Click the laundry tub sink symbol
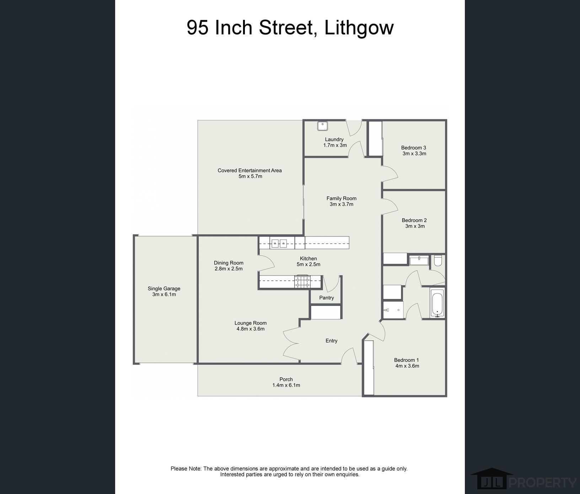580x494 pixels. click(322, 126)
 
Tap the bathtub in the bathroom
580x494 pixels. click(437, 303)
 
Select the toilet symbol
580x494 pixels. click(438, 261)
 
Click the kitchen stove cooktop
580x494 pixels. click(302, 282)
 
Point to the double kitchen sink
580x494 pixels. click(279, 243)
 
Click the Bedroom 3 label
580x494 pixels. click(413, 148)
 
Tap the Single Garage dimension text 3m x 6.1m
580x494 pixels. click(164, 295)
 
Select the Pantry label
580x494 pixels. click(326, 298)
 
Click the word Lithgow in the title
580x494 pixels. click(359, 27)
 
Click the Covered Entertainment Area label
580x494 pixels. click(249, 170)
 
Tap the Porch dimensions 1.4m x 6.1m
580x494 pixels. click(286, 385)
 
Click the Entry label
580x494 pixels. click(331, 341)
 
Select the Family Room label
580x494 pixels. click(341, 198)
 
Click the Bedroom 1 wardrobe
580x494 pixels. click(369, 368)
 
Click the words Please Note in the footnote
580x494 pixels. click(186, 469)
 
